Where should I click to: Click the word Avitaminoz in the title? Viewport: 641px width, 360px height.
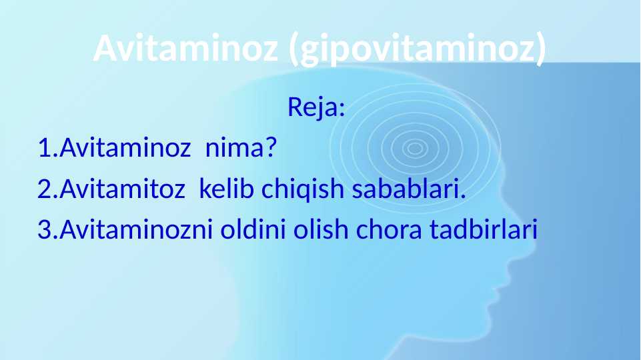[x=186, y=47]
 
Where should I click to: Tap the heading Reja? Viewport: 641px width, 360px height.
[x=316, y=107]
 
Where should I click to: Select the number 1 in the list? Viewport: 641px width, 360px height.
[x=45, y=147]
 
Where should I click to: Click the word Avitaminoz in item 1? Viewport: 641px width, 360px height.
[x=125, y=147]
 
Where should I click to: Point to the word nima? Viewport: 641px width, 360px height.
[x=241, y=147]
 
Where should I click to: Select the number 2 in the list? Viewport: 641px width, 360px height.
[x=44, y=189]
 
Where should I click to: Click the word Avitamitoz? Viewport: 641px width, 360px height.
[x=123, y=189]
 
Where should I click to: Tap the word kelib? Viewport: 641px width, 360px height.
[x=227, y=189]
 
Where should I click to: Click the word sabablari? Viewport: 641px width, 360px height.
[x=409, y=189]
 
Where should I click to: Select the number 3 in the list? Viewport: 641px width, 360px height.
[x=45, y=229]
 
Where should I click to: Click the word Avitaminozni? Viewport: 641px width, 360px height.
[x=136, y=229]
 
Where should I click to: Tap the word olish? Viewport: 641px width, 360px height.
[x=320, y=229]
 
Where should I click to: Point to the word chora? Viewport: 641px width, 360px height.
[x=389, y=229]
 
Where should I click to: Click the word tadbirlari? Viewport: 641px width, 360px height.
[x=483, y=229]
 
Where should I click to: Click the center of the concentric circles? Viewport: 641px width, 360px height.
[x=415, y=148]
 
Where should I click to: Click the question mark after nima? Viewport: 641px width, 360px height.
[x=271, y=147]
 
